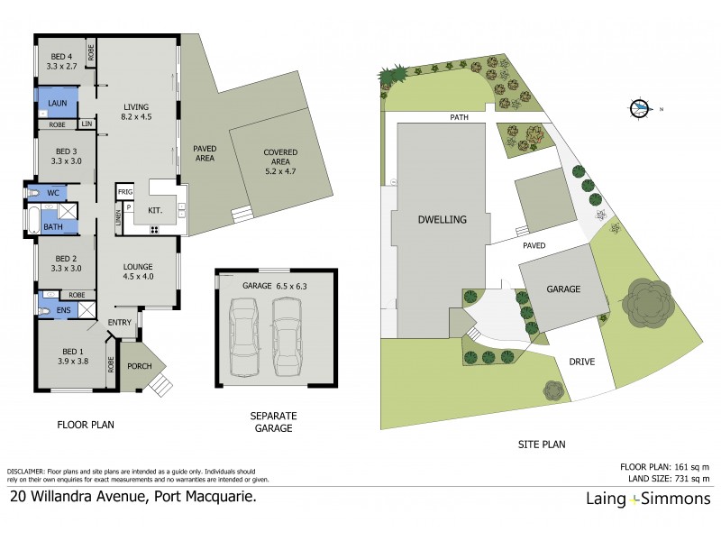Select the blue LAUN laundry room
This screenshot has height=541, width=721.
click(x=56, y=103)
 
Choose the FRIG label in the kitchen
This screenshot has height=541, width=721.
click(x=124, y=192)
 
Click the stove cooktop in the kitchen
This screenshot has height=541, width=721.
click(x=154, y=229)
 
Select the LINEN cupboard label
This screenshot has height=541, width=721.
click(x=118, y=217)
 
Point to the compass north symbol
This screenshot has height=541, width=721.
click(x=639, y=108)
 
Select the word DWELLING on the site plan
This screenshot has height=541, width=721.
click(x=442, y=219)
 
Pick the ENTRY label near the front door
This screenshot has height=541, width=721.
click(x=120, y=323)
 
